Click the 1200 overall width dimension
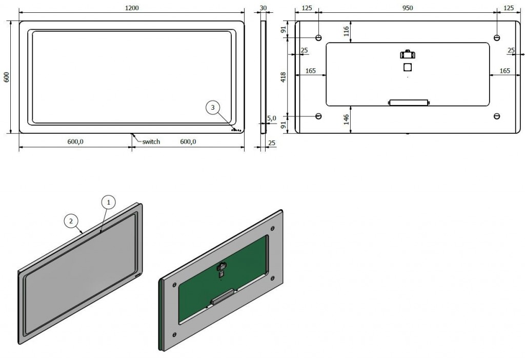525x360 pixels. click(132, 8)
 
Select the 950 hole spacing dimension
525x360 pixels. click(408, 8)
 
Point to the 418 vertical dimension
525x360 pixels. click(283, 77)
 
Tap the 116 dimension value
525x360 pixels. click(346, 31)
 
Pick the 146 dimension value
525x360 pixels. click(346, 119)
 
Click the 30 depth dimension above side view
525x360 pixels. click(263, 8)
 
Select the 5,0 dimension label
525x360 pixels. click(272, 118)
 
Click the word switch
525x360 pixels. click(151, 142)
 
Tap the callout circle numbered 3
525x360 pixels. click(213, 108)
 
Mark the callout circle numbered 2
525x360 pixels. click(71, 221)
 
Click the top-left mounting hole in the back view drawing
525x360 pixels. click(318, 38)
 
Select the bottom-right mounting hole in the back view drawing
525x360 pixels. click(496, 116)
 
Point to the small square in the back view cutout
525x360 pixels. click(407, 67)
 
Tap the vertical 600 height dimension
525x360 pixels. click(7, 77)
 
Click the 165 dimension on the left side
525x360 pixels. click(311, 71)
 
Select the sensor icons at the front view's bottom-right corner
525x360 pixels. click(236, 129)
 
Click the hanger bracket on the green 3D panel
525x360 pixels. click(222, 267)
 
